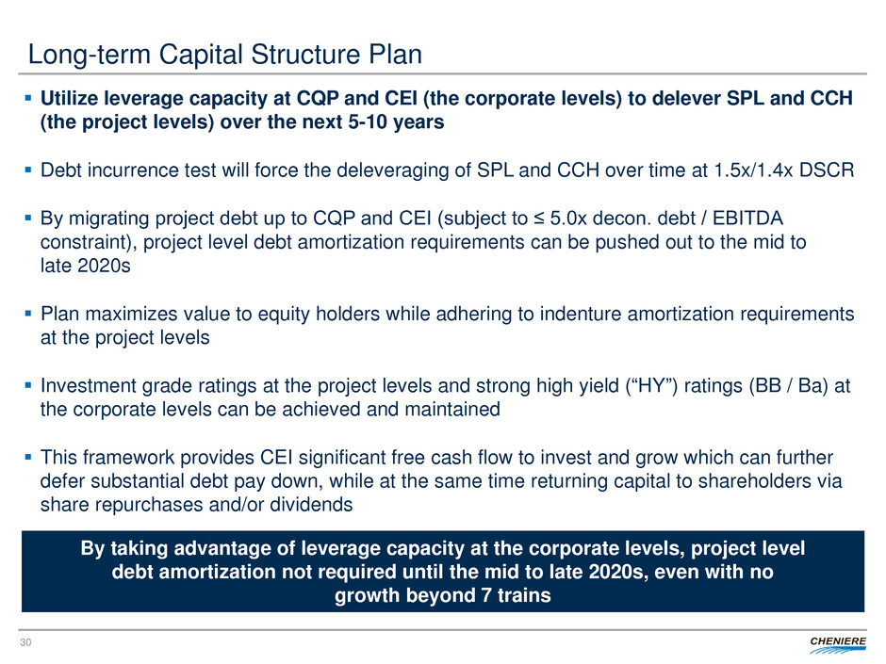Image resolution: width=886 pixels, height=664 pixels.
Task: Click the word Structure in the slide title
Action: pos(305,55)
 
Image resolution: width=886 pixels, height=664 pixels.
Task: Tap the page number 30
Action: pos(25,642)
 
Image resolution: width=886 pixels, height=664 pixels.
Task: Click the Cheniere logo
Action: pos(837,644)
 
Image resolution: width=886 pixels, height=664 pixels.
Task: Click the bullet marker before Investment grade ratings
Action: pos(28,385)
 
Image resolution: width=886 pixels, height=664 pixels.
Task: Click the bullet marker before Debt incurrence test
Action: pos(28,170)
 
